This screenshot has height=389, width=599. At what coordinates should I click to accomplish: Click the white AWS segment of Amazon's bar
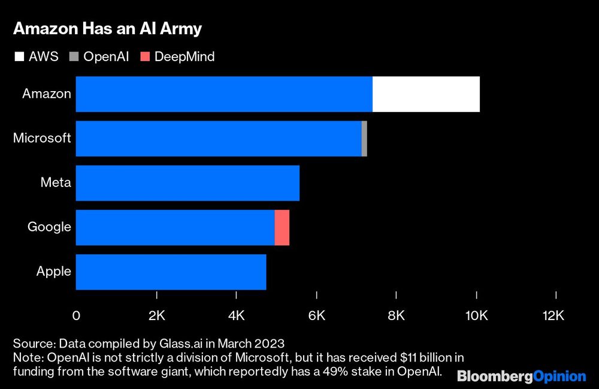pyautogui.click(x=426, y=94)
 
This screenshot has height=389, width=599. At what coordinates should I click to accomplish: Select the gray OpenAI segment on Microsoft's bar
pyautogui.click(x=364, y=138)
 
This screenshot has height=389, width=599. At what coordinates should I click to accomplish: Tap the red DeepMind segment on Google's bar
pyautogui.click(x=282, y=227)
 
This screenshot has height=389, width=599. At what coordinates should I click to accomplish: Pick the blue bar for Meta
pyautogui.click(x=187, y=183)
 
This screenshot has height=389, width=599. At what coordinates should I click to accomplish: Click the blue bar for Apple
pyautogui.click(x=171, y=272)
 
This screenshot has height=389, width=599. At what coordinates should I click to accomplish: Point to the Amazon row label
pyautogui.click(x=47, y=94)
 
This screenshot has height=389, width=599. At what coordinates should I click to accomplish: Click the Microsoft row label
pyautogui.click(x=42, y=138)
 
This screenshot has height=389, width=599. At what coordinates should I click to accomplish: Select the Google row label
pyautogui.click(x=49, y=227)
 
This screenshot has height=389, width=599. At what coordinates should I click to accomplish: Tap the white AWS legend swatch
pyautogui.click(x=19, y=57)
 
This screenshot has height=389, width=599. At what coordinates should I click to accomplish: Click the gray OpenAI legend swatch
pyautogui.click(x=74, y=57)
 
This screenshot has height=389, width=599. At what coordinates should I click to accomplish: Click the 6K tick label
pyautogui.click(x=316, y=316)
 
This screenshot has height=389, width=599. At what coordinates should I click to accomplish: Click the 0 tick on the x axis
pyautogui.click(x=76, y=316)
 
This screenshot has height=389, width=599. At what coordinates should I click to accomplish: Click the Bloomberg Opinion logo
pyautogui.click(x=521, y=376)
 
